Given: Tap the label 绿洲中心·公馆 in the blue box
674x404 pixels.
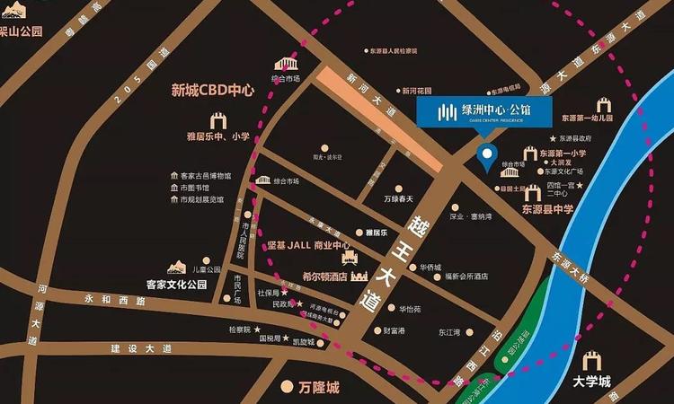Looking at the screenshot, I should tap(494, 110).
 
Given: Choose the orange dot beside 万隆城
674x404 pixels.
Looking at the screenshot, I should tap(287, 388).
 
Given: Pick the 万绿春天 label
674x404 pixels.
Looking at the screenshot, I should tap(398, 199).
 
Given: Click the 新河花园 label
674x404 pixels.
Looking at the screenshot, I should tap(418, 91).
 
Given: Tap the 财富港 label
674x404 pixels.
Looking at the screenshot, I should tap(395, 330).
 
